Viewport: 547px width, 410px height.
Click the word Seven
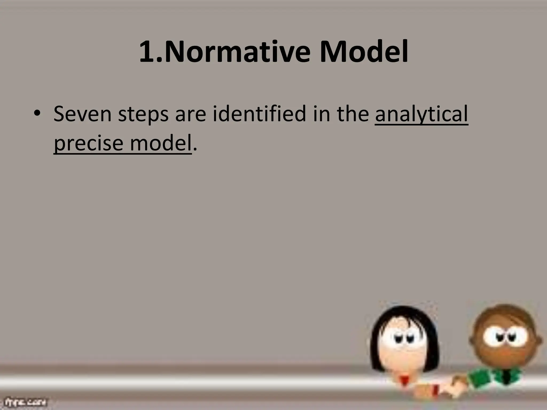coord(82,114)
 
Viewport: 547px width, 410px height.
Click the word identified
coord(259,114)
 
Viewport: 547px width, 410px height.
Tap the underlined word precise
coord(88,144)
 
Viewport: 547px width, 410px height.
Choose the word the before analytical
coord(353,114)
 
